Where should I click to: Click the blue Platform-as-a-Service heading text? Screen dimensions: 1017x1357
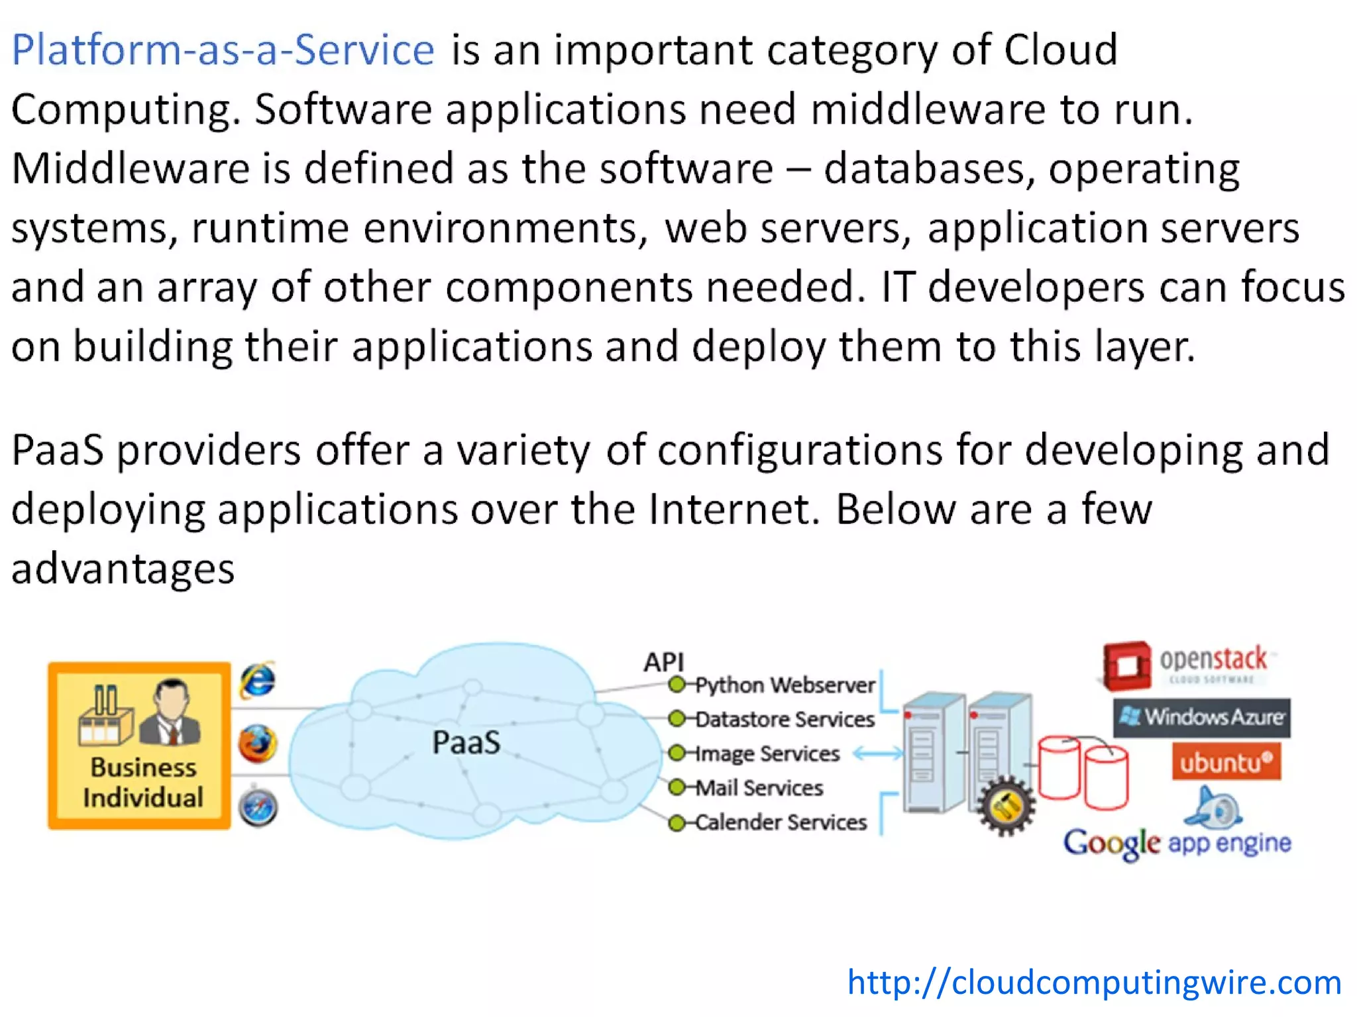click(223, 50)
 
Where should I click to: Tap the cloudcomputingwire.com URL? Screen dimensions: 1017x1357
click(1094, 982)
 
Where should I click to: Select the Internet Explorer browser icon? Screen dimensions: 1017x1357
click(258, 680)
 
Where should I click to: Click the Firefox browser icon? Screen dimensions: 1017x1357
click(258, 743)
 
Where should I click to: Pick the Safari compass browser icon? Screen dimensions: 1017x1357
click(258, 807)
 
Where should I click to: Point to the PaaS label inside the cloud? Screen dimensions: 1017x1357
click(466, 742)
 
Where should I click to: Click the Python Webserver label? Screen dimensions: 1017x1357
click(785, 685)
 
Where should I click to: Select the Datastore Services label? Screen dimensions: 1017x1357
click(785, 719)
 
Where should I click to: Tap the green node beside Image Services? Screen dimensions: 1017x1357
click(677, 753)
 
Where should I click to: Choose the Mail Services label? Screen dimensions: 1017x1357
click(759, 788)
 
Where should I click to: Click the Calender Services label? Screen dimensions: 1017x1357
click(781, 822)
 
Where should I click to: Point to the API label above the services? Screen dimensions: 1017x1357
click(663, 661)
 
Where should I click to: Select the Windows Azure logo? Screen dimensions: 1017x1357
click(1201, 717)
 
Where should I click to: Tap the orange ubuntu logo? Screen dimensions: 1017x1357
click(1226, 762)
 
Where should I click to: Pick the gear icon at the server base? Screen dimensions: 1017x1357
click(1006, 806)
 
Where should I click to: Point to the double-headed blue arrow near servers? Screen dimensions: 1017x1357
click(877, 753)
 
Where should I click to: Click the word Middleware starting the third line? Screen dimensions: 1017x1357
click(130, 168)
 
